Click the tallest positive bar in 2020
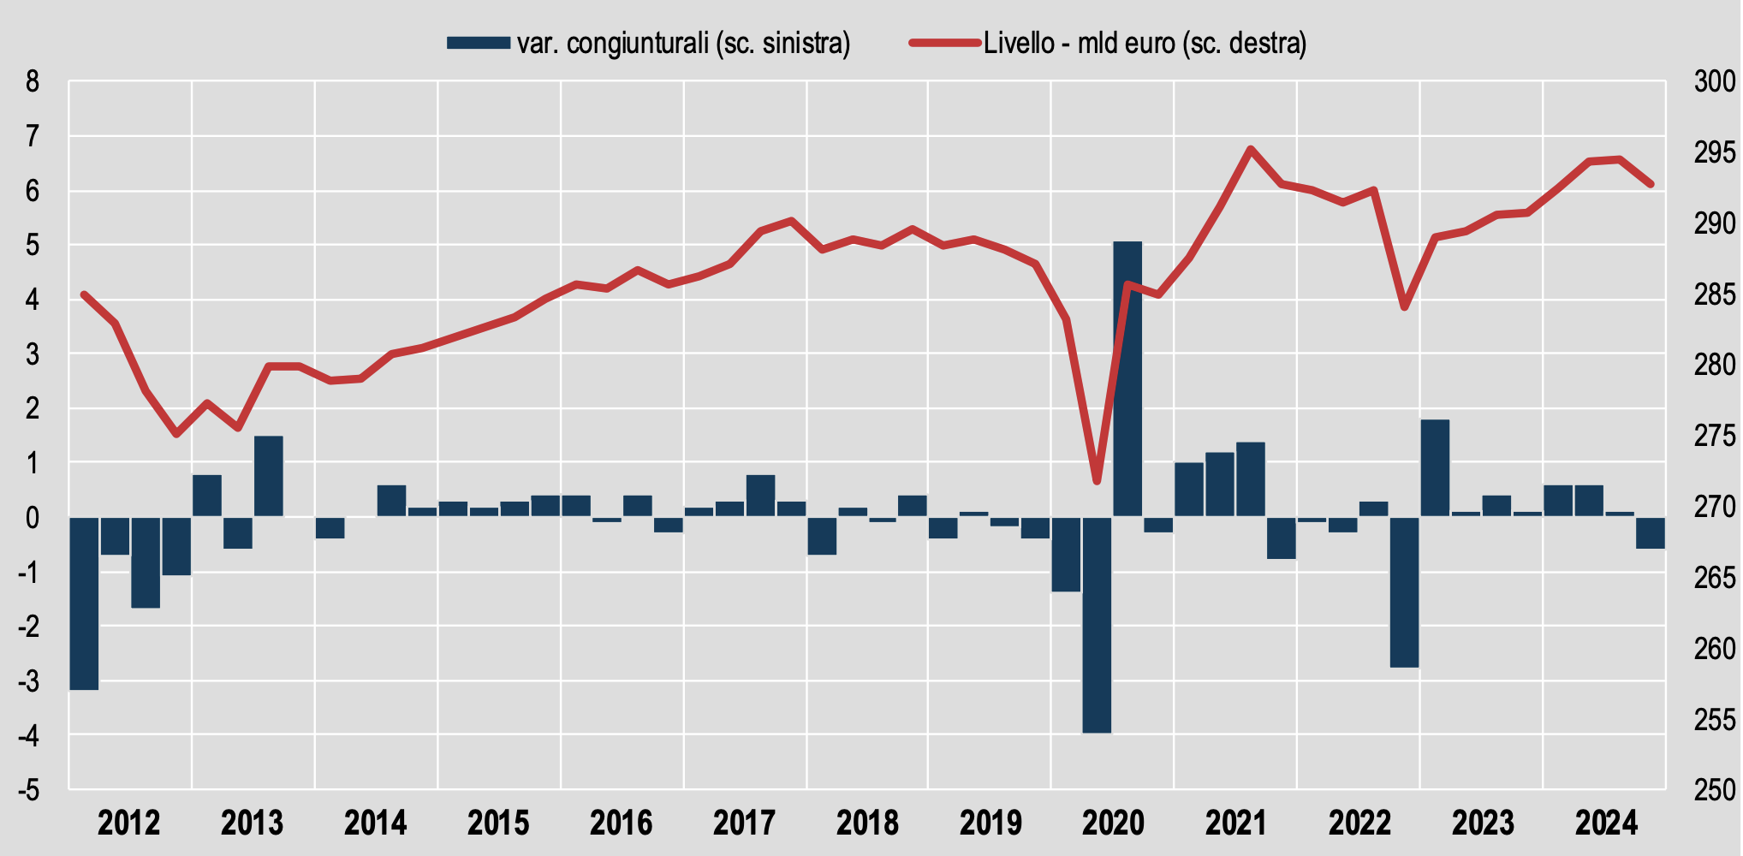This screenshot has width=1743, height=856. (1127, 378)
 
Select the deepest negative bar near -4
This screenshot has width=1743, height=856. (1097, 625)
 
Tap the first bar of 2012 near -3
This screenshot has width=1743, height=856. (84, 603)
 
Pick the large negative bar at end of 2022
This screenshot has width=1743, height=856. (1404, 591)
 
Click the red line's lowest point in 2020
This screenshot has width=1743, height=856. (1097, 482)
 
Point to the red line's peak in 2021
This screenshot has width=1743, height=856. (1251, 149)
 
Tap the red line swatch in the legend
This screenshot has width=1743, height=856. (944, 43)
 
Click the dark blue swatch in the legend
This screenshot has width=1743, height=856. (478, 43)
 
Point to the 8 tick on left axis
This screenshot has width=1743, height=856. (33, 82)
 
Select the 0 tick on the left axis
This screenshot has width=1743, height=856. (33, 517)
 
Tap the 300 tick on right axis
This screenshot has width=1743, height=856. (1715, 82)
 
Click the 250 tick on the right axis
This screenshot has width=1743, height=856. (1715, 789)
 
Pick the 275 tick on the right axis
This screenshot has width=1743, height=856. (1715, 436)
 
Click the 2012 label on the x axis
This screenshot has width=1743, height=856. (129, 823)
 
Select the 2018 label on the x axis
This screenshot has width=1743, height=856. (867, 823)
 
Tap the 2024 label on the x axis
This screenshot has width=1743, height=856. (1606, 823)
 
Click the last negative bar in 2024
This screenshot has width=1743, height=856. (1651, 532)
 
